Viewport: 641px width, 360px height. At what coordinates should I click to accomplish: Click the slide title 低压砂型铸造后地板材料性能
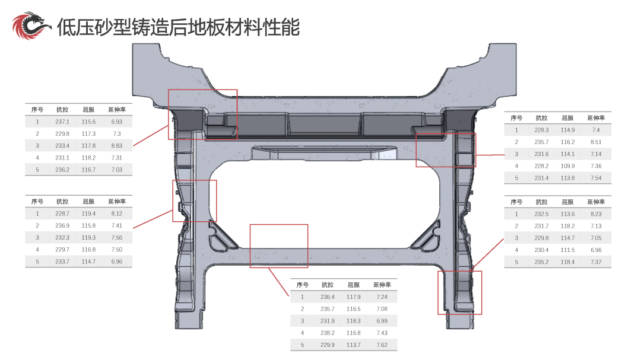(178, 27)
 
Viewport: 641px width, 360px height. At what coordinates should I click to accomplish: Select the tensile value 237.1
(62, 122)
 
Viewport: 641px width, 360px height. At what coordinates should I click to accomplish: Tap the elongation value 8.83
(116, 145)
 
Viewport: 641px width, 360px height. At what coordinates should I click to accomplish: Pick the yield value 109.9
(567, 166)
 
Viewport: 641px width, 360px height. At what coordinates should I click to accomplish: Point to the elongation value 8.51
(596, 142)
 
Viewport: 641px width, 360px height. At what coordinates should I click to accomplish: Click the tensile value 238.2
(328, 333)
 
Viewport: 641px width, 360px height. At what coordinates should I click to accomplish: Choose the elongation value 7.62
(382, 345)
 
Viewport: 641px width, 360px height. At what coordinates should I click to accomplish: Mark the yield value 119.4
(88, 214)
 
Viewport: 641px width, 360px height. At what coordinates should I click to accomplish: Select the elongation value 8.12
(116, 214)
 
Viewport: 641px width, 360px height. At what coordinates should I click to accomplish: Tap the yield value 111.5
(567, 250)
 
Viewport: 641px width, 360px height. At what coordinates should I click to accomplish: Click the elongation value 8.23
(596, 214)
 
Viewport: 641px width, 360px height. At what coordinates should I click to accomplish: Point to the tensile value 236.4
(328, 297)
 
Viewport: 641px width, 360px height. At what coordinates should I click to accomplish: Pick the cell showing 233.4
(62, 145)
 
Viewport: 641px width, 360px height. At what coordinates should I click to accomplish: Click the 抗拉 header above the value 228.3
(542, 117)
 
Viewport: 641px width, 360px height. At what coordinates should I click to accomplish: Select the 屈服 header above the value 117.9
(354, 285)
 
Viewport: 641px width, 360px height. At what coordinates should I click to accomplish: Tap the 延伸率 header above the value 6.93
(117, 110)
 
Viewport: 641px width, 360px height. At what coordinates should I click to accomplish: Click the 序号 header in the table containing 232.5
(516, 202)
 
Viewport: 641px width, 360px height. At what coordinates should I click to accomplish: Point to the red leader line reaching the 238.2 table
(278, 282)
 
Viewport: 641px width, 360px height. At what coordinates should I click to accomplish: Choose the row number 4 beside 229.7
(37, 250)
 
